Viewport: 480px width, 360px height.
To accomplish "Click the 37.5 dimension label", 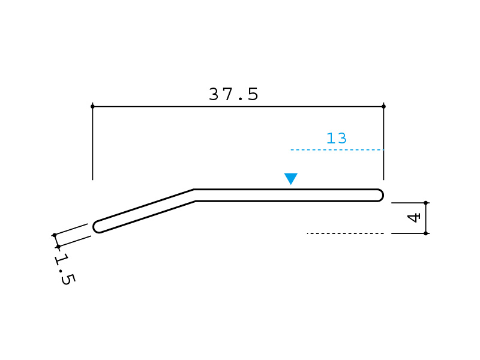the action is coord(233,94).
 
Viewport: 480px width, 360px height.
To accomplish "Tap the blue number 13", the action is coord(337,138).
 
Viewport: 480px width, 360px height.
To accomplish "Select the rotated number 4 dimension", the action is coord(413,218).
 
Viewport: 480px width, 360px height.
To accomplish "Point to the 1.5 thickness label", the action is coord(64,269).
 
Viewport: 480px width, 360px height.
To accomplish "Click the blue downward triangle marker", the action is coord(291,178).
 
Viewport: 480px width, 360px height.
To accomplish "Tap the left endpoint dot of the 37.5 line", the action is coord(93,107).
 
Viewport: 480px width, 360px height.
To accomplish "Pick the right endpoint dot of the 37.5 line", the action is coord(383,107).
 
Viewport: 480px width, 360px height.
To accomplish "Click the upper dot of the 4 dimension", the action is coord(425,203).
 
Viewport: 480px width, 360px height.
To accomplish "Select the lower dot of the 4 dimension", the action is coord(425,233).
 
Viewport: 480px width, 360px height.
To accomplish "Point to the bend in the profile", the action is coord(194,196).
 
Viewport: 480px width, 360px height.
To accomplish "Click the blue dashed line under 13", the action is coord(337,149).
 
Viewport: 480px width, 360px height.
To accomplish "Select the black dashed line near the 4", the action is coord(346,233).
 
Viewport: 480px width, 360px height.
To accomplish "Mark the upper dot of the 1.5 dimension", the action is coord(55,235).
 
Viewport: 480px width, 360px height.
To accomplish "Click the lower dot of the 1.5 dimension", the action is coord(58,247).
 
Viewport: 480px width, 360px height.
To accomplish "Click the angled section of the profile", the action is coord(144,211).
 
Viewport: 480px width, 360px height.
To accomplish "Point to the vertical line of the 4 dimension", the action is coord(425,218).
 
